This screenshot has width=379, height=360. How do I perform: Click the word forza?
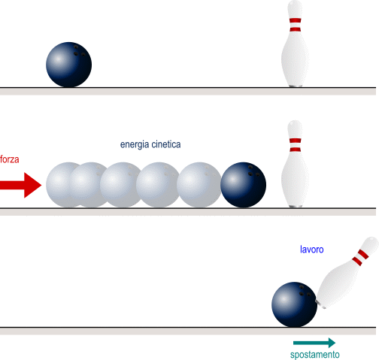10,159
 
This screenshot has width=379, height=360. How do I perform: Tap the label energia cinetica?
150,144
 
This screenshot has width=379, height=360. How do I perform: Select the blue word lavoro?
312,250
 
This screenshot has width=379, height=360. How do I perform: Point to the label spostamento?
315,355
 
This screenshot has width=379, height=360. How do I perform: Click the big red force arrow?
20,185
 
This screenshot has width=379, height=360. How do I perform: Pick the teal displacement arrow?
314,343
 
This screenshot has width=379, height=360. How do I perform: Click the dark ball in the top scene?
68,65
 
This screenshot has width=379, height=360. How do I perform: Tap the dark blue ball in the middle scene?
243,185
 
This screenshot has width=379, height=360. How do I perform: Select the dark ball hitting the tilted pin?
295,304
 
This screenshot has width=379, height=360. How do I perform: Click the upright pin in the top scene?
296,44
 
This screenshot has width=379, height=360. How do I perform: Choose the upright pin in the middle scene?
296,164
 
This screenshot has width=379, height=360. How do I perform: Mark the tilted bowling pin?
347,273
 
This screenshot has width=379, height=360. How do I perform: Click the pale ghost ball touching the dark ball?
199,185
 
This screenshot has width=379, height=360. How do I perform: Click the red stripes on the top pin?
296,25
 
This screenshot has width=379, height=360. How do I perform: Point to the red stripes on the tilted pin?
360,258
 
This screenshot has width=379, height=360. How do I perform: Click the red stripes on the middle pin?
296,145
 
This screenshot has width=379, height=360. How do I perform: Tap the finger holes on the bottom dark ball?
305,291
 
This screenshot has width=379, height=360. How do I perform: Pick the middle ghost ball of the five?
121,185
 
